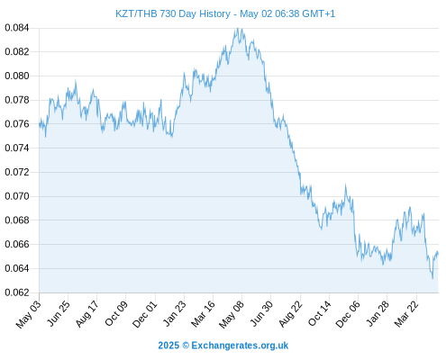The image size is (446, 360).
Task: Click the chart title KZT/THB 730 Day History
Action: click(x=173, y=13)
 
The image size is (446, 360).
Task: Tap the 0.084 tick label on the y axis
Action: click(x=17, y=28)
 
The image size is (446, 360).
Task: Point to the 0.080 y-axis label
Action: click(x=17, y=76)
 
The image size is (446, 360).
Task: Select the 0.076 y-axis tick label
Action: click(x=17, y=124)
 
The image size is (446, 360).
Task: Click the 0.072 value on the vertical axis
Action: click(x=17, y=172)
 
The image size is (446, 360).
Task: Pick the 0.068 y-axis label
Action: click(x=17, y=220)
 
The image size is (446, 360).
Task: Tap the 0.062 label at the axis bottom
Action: click(x=17, y=292)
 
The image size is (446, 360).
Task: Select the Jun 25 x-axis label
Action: click(x=59, y=313)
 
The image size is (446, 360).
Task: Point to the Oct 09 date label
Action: click(x=116, y=313)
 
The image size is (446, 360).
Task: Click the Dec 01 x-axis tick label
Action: click(x=145, y=314)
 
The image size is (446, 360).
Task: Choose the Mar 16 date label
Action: click(x=204, y=314)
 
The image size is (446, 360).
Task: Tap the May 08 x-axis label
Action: click(x=232, y=314)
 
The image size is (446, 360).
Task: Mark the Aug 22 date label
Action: click(x=290, y=314)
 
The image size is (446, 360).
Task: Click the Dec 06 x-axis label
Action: click(x=348, y=314)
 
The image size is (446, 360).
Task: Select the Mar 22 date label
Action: click(x=406, y=314)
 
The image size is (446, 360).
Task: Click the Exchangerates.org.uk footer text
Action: click(x=240, y=346)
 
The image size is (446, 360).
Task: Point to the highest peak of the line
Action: click(x=238, y=28)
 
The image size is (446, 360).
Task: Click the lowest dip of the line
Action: click(x=432, y=279)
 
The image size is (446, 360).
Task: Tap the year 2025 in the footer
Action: click(x=168, y=346)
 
